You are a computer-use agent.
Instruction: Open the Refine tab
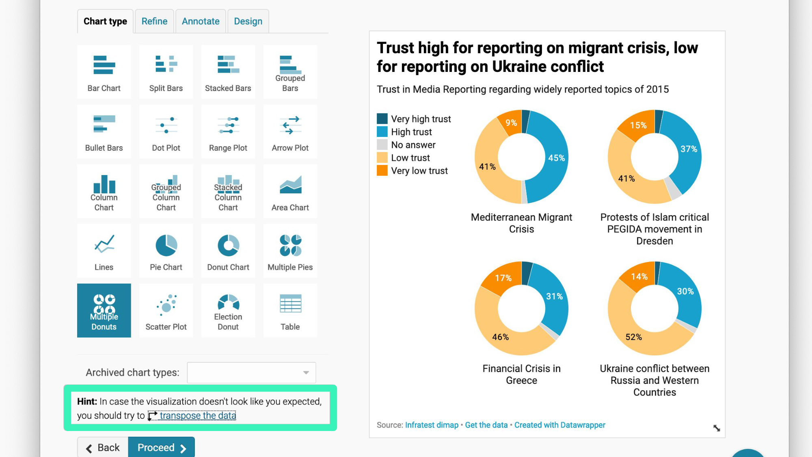[x=154, y=21]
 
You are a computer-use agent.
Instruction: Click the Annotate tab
[x=201, y=21]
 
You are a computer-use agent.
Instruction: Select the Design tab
[x=248, y=21]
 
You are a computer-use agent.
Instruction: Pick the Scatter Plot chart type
[x=166, y=311]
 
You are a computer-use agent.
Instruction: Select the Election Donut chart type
[x=228, y=311]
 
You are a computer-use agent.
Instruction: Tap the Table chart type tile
[x=290, y=311]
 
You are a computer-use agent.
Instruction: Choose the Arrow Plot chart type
[x=290, y=132]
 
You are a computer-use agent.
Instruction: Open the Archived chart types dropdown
[x=251, y=373]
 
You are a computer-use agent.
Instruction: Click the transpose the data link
[x=197, y=416]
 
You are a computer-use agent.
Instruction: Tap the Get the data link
[x=486, y=425]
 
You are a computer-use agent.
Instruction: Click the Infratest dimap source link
[x=432, y=425]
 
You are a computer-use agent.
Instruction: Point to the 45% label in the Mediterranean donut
[x=556, y=158]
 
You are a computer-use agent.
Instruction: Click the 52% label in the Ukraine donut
[x=633, y=337]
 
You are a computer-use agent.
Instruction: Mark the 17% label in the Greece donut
[x=503, y=278]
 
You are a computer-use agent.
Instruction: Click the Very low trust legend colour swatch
[x=382, y=171]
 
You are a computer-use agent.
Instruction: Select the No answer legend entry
[x=413, y=145]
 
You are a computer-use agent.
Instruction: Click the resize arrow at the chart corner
[x=717, y=428]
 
